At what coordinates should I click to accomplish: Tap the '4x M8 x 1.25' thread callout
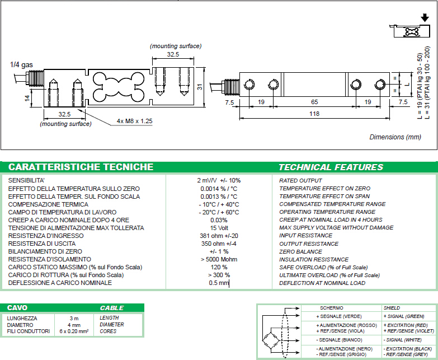(x=135, y=121)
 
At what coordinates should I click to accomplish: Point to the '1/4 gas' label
(x=21, y=65)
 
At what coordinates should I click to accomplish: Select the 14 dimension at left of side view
(x=27, y=98)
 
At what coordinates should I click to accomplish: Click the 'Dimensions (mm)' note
(x=395, y=137)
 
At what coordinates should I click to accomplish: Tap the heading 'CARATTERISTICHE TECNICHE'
(x=81, y=167)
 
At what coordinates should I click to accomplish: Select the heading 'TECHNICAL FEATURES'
(x=331, y=167)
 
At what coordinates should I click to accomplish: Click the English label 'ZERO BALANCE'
(x=300, y=251)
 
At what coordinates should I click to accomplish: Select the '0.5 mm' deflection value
(x=219, y=283)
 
